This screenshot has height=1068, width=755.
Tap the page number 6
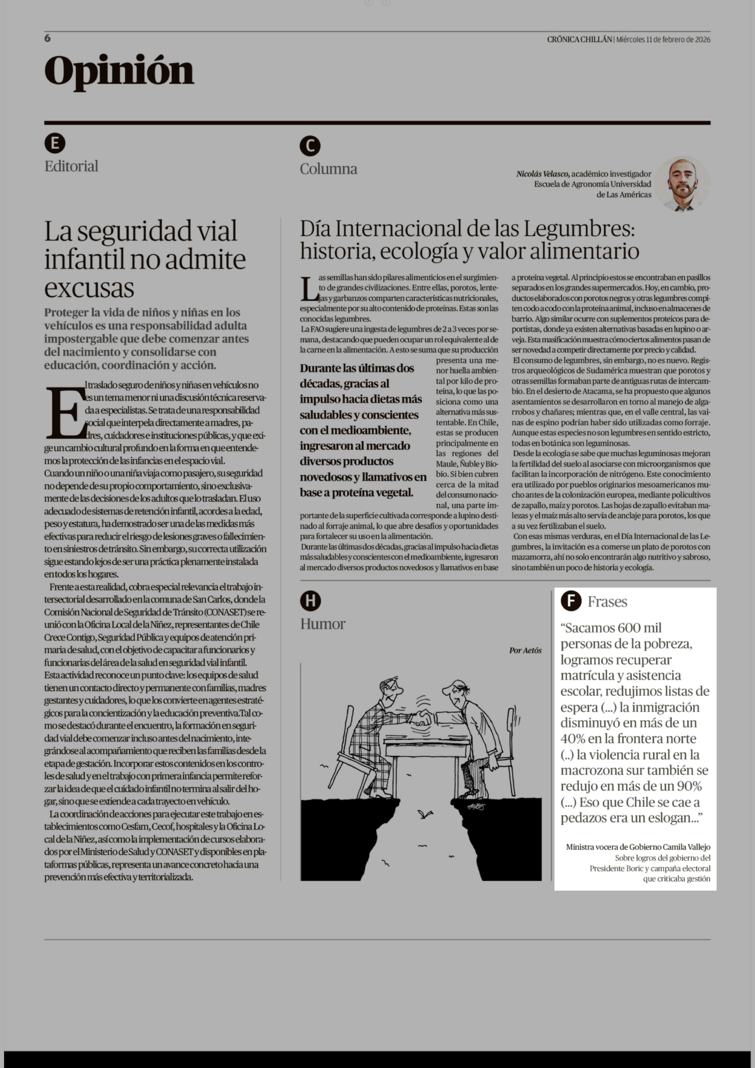(47, 38)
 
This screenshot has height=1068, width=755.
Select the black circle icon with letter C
(310, 146)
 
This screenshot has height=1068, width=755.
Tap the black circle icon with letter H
(310, 601)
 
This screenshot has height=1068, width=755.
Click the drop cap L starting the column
(309, 288)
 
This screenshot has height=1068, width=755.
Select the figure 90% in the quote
(687, 786)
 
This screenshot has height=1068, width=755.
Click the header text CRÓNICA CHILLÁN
(579, 40)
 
